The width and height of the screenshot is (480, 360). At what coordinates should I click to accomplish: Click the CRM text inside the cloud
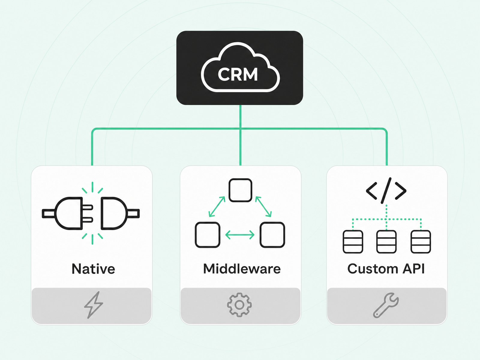tap(238, 74)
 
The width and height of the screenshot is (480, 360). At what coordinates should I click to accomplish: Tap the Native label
tap(93, 268)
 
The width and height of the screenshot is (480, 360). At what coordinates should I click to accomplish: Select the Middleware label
tap(242, 268)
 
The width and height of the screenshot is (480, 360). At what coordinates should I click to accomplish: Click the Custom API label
tap(386, 268)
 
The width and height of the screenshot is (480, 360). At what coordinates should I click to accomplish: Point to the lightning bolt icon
tap(93, 305)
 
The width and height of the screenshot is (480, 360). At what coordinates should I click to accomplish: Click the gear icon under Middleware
tap(239, 305)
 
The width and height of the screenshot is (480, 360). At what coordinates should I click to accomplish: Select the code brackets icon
tap(386, 190)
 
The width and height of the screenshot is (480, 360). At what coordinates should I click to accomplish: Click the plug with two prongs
tap(67, 214)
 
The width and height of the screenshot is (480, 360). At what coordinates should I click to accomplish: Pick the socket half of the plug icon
tap(120, 214)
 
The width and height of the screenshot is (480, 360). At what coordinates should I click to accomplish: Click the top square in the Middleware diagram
tap(240, 190)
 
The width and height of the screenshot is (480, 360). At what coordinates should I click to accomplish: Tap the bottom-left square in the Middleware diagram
tap(208, 235)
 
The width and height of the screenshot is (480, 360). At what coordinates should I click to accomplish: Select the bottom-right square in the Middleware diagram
tap(272, 235)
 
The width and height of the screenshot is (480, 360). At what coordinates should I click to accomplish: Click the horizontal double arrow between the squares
tap(240, 235)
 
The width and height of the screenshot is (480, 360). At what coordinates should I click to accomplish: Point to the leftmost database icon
tap(353, 242)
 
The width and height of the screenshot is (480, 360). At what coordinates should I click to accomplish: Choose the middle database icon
tap(386, 242)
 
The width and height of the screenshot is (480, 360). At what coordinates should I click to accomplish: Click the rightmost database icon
tap(421, 242)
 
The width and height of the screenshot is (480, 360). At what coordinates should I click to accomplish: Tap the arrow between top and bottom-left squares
tap(217, 207)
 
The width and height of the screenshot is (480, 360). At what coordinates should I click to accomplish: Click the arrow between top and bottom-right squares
tap(263, 207)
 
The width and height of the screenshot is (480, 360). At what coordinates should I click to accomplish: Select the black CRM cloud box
tap(240, 68)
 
